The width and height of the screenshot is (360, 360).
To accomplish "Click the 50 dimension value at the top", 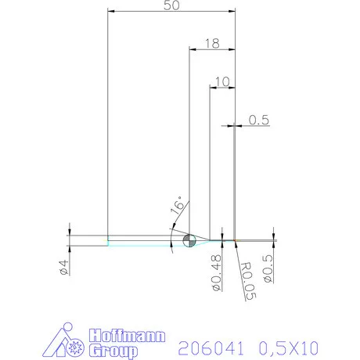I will pyautogui.click(x=171, y=5).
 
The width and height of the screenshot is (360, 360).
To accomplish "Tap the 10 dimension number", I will pyautogui.click(x=221, y=81).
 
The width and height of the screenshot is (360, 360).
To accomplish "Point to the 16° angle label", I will pyautogui.click(x=177, y=206).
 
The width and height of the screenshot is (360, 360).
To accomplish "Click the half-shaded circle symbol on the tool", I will pyautogui.click(x=188, y=239).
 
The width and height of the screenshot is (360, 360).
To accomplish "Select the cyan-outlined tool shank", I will pyautogui.click(x=141, y=240).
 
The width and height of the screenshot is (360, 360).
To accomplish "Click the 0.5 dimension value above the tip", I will pyautogui.click(x=259, y=120).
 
